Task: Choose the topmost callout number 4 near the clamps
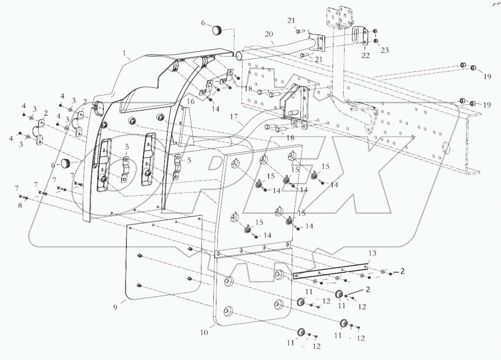62,96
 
